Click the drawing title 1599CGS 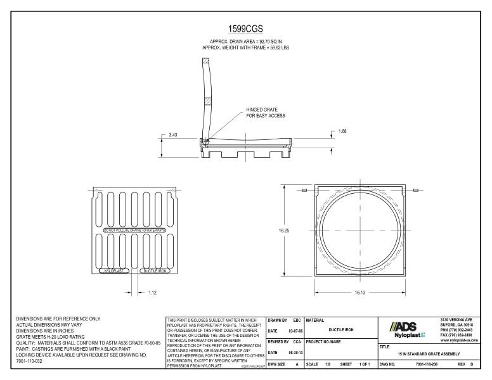click(x=245, y=29)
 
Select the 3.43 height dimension click(x=173, y=134)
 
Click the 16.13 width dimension click(x=359, y=291)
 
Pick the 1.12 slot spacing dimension click(x=152, y=293)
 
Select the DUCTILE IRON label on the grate click(x=155, y=270)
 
